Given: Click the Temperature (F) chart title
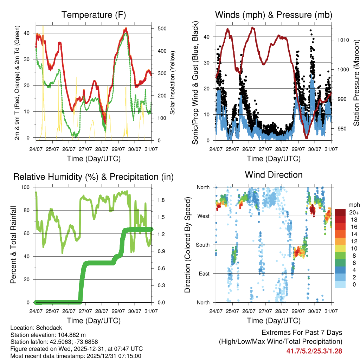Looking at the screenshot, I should click(x=94, y=15).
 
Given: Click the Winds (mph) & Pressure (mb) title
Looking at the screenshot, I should click(x=274, y=15).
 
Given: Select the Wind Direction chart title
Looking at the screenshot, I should click(x=274, y=175).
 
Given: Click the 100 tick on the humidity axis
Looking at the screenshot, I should click(x=26, y=187).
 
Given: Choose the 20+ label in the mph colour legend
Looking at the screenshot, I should click(x=353, y=212).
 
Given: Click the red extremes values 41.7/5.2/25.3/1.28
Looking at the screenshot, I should click(x=314, y=351).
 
